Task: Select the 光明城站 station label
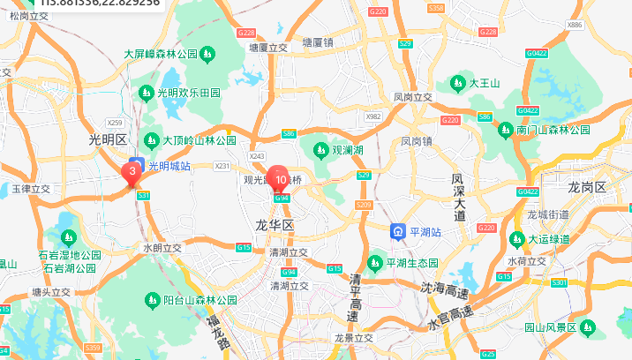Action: [x=169, y=164]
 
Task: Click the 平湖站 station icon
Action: [x=399, y=232]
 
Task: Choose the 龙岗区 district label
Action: [x=587, y=187]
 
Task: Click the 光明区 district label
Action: [x=109, y=139]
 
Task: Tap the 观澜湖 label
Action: [x=346, y=150]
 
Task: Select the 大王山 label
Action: [x=485, y=83]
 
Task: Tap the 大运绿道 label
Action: [x=552, y=238]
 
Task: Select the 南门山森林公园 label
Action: [x=553, y=130]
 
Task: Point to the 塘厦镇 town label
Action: [x=317, y=41]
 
